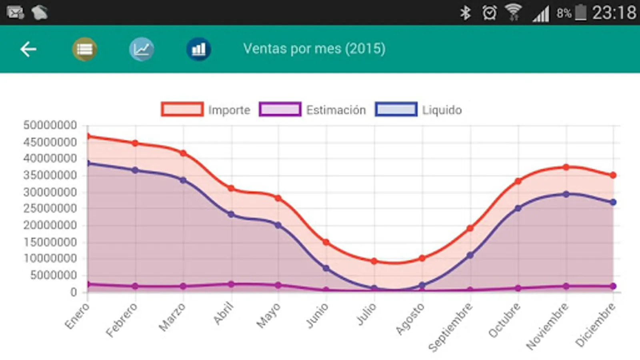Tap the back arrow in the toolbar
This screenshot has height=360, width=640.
pos(28,49)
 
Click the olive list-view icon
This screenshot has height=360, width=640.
pos(84,49)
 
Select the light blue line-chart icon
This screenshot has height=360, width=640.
pos(142,49)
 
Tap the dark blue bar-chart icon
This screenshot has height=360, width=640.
pos(198,49)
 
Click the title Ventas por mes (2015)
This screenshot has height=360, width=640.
pos(314,49)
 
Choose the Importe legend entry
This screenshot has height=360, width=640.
pos(206,110)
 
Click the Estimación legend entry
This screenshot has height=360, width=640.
pos(312,110)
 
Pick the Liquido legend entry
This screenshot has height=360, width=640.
pos(418,110)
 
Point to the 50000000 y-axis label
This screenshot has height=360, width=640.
pos(50,125)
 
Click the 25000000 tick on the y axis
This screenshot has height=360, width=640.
pos(50,208)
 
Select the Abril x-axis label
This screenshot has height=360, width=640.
pos(223,314)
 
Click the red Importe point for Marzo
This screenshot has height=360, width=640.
pos(183,153)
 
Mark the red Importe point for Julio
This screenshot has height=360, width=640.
pos(374,261)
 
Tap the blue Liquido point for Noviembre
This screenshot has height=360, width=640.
pos(566,194)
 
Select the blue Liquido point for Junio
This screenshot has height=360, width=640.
pos(326,268)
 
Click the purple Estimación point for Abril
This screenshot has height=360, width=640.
pos(231,284)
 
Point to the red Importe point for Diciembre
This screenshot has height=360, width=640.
pos(613,175)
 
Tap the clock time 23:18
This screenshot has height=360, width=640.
pos(614,13)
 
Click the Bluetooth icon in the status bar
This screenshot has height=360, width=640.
pos(465,13)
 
